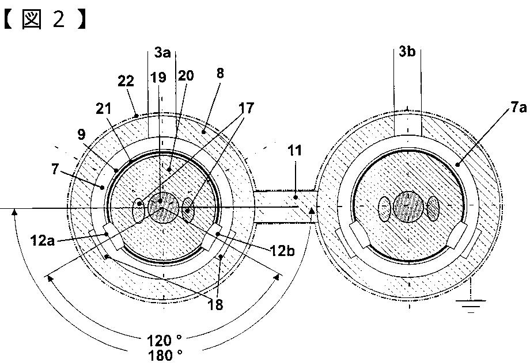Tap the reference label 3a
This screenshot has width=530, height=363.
[x=162, y=53]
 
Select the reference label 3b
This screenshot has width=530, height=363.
[x=406, y=53]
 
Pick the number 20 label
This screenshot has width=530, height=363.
[x=185, y=75]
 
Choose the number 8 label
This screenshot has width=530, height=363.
[x=220, y=73]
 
